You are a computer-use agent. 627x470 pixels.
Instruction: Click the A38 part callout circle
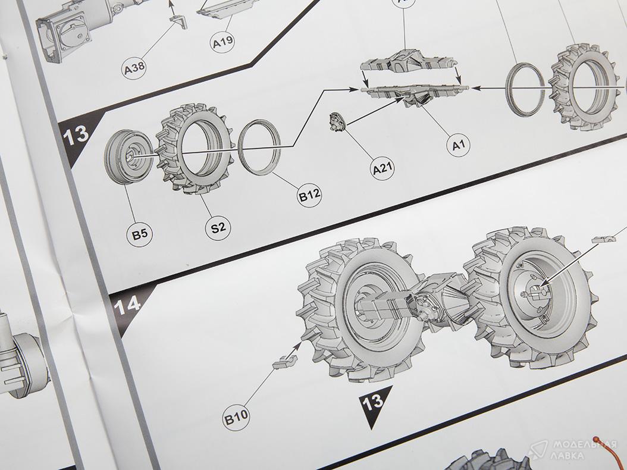coord(134,68)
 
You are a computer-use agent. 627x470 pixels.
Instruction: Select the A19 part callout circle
coord(222,41)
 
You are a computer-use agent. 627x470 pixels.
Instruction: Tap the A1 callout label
coord(458,145)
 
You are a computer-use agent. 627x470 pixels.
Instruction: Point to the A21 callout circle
coord(383,168)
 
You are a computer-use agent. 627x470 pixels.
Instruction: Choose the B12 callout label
coord(309,195)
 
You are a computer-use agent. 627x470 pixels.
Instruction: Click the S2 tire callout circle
coord(218,228)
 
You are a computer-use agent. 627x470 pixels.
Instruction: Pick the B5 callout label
coord(140,234)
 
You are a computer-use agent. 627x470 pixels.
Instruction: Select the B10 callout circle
coord(236,418)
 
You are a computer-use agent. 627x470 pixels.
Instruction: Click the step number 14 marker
coord(127,306)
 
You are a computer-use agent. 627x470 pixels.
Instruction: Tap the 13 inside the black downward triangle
coord(372,401)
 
